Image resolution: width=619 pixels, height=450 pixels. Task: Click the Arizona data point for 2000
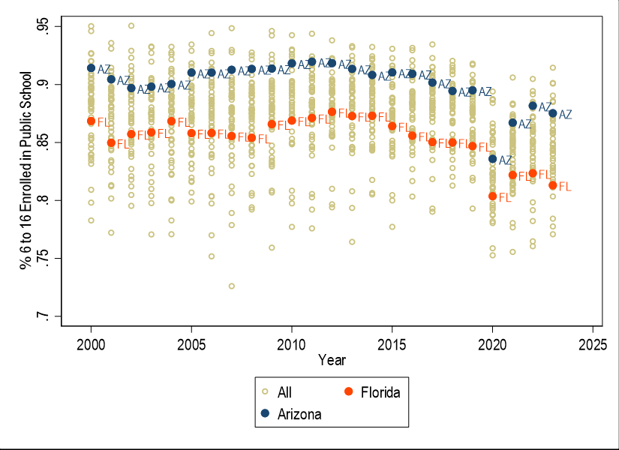(91, 68)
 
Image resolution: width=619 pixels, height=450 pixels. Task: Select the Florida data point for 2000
(91, 121)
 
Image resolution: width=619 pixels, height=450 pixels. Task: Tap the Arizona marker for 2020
(492, 159)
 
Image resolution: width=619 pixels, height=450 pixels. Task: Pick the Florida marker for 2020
(492, 196)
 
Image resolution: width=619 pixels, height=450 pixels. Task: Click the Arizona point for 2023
(553, 113)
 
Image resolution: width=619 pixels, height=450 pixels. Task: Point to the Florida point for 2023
(553, 185)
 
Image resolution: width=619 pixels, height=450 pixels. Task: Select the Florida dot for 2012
(332, 112)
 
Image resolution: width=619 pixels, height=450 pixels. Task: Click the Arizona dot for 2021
(512, 122)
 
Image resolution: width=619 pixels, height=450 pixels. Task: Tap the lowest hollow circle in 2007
(231, 286)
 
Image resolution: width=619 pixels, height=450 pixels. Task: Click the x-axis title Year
(332, 361)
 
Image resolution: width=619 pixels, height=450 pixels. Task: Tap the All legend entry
(281, 392)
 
